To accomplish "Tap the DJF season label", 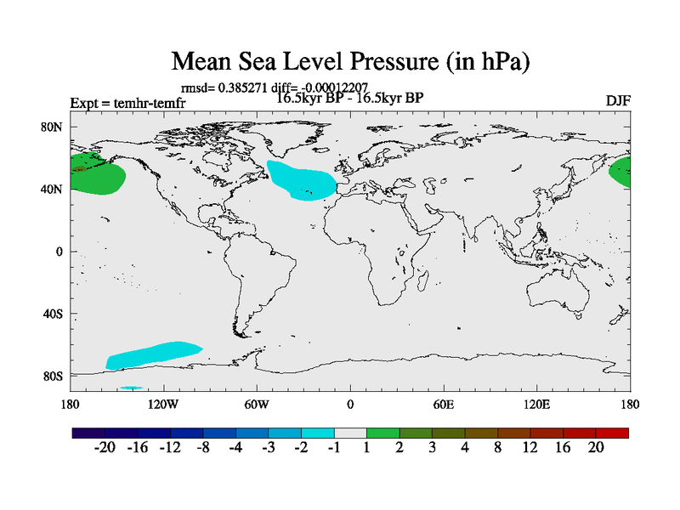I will [618, 101].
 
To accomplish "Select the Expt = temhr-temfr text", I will [127, 104].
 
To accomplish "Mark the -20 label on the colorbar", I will [104, 448].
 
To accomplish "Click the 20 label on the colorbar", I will [596, 448].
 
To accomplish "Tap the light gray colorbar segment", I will [350, 433].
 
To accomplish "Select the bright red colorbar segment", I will [613, 433].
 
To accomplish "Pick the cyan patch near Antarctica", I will [153, 354].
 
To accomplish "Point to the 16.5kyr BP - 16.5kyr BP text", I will [350, 97].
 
